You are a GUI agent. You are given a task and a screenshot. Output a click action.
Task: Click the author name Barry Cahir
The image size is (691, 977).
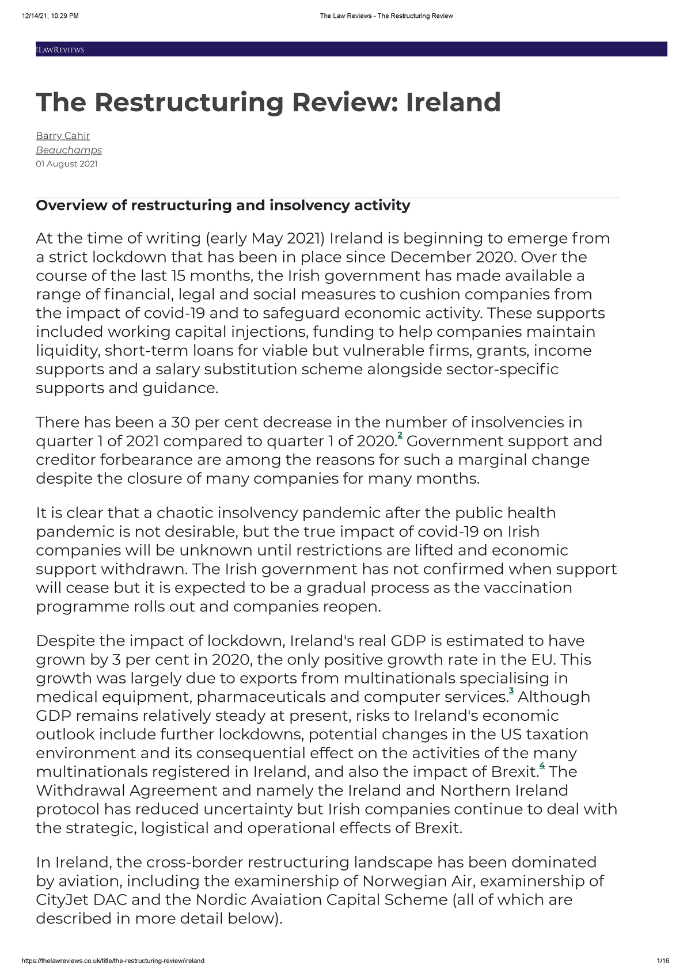click(63, 136)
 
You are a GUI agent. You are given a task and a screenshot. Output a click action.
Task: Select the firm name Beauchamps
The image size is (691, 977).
click(69, 150)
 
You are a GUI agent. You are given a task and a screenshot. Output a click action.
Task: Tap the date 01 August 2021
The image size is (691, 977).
click(66, 164)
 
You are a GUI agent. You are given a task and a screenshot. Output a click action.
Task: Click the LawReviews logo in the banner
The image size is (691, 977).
click(60, 50)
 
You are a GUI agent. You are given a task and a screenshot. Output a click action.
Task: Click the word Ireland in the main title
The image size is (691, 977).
click(453, 102)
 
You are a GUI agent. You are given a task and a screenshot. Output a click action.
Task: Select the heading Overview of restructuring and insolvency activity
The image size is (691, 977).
click(223, 206)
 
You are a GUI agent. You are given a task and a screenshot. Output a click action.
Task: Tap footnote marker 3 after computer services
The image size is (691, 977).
click(511, 690)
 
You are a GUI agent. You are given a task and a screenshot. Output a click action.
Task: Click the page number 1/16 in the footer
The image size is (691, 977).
click(663, 961)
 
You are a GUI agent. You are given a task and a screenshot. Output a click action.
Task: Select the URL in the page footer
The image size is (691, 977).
click(112, 961)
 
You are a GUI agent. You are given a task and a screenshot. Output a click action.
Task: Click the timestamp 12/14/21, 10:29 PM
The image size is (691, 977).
click(50, 16)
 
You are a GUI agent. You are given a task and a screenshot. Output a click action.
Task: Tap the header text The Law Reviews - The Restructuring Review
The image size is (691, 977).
click(386, 16)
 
